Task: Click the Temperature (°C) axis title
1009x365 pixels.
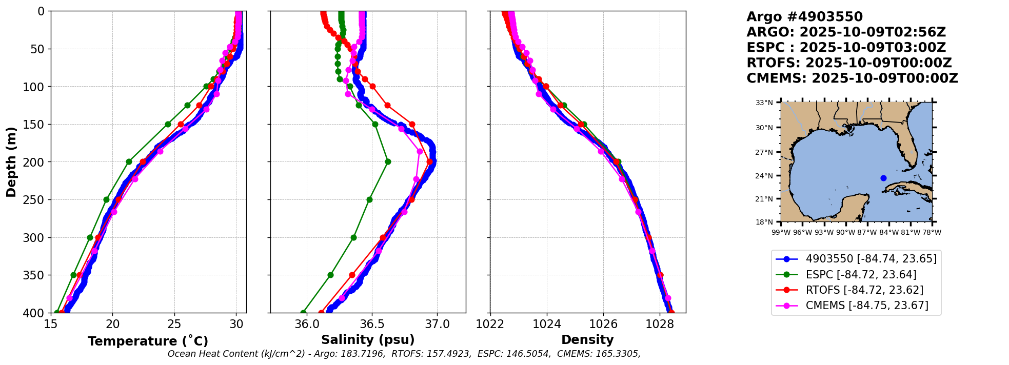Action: [x=148, y=341]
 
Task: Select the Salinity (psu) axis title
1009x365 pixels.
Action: [x=368, y=340]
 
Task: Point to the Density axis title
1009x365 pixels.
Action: [x=587, y=340]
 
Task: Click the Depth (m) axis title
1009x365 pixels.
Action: [x=11, y=161]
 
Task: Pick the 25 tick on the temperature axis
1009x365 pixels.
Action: [x=174, y=324]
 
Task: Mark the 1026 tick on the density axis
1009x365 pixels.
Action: [x=603, y=324]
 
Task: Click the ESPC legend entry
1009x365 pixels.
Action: [x=861, y=275]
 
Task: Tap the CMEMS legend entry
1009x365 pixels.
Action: [x=867, y=306]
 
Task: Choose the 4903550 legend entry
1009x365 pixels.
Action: [x=871, y=259]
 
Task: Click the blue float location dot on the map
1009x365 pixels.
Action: [x=883, y=178]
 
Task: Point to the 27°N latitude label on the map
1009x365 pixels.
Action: [x=764, y=152]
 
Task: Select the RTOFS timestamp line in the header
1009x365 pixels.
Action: [x=849, y=63]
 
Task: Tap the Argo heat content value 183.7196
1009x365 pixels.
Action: [x=363, y=354]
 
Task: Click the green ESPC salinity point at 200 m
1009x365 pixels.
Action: [x=388, y=161]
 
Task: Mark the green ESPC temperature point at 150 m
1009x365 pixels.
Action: [x=168, y=124]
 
